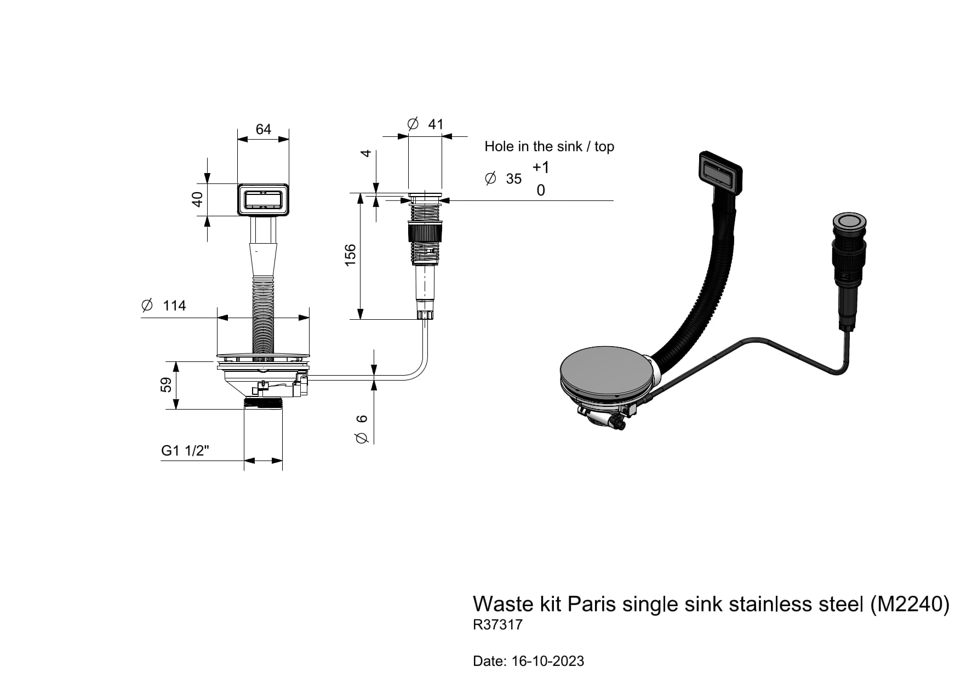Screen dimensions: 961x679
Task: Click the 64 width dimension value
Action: click(x=263, y=129)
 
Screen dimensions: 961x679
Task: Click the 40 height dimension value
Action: click(x=197, y=199)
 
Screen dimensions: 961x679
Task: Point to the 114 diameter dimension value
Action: click(x=174, y=306)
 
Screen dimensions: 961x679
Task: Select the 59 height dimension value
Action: click(x=166, y=385)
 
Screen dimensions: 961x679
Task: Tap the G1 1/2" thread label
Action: click(x=185, y=451)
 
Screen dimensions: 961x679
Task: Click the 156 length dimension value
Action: click(x=350, y=256)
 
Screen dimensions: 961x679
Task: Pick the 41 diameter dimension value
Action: click(x=436, y=124)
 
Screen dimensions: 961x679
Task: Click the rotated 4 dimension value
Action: click(x=366, y=153)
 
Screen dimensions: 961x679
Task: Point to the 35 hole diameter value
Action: click(x=514, y=179)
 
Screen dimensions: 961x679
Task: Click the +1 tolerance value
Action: click(x=541, y=167)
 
